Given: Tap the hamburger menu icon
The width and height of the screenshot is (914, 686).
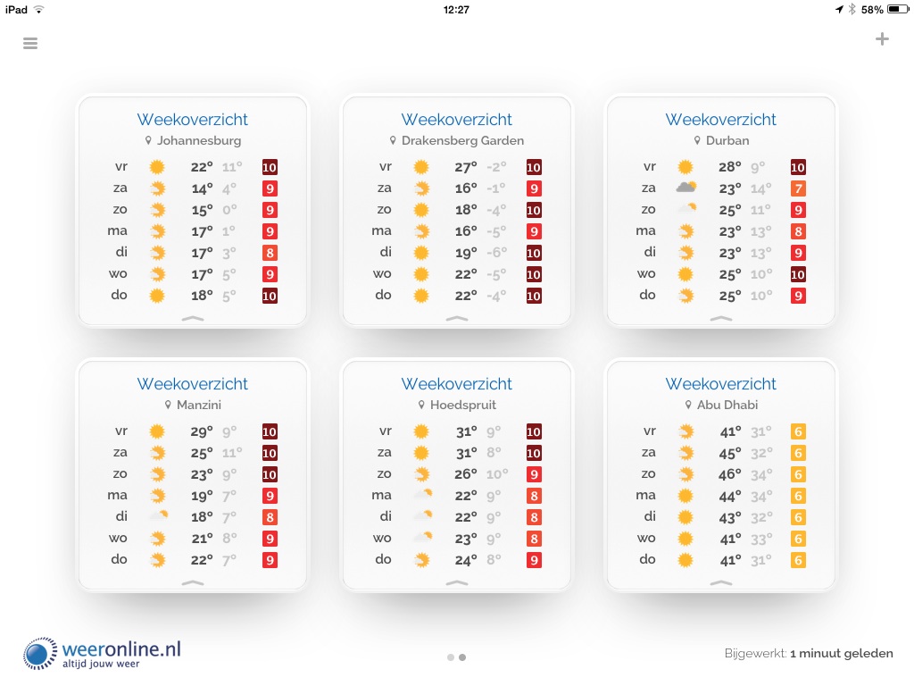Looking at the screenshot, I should (x=30, y=43).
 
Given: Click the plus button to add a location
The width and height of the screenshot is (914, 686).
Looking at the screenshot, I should (x=882, y=38).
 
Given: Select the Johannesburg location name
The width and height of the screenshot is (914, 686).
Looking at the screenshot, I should (x=198, y=140).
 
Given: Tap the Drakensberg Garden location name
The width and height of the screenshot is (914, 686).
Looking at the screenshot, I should (x=462, y=140).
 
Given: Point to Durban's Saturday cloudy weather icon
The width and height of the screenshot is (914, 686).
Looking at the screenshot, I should (x=685, y=188).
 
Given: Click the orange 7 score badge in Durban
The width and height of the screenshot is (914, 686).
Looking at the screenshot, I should (x=798, y=188).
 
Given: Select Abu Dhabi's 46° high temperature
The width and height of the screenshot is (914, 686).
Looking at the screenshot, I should (x=731, y=474).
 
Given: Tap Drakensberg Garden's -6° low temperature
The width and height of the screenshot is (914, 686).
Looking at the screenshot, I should (x=495, y=253).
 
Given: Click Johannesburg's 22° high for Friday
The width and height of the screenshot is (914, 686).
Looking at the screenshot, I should (x=202, y=167).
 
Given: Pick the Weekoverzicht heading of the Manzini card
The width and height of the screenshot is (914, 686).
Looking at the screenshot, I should (x=192, y=384).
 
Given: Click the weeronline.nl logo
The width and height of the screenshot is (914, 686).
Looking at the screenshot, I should (x=103, y=653).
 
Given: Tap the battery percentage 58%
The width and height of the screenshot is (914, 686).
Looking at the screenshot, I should (x=872, y=10).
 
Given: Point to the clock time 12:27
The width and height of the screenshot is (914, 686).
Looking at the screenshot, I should (x=456, y=10).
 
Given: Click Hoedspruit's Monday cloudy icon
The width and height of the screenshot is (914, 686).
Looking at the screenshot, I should (x=421, y=495).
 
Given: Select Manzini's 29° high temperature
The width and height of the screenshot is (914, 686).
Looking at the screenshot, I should (x=202, y=431).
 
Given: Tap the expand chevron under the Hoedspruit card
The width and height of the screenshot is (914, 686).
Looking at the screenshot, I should (x=456, y=582).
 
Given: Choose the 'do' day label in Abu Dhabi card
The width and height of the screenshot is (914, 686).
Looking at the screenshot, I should (x=648, y=559).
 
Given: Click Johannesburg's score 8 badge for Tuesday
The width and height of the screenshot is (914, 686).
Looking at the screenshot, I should (x=270, y=253).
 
